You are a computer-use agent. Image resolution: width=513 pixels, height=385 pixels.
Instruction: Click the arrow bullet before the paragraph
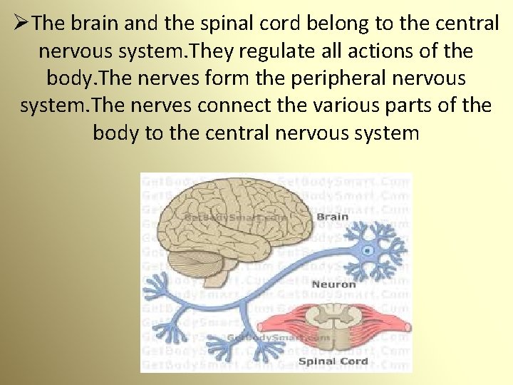(21, 24)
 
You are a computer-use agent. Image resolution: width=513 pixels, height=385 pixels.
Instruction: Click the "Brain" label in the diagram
(332, 217)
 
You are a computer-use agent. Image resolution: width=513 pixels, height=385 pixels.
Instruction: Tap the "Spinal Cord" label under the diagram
(333, 361)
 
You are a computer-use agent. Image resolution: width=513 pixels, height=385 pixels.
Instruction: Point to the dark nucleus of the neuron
(368, 250)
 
